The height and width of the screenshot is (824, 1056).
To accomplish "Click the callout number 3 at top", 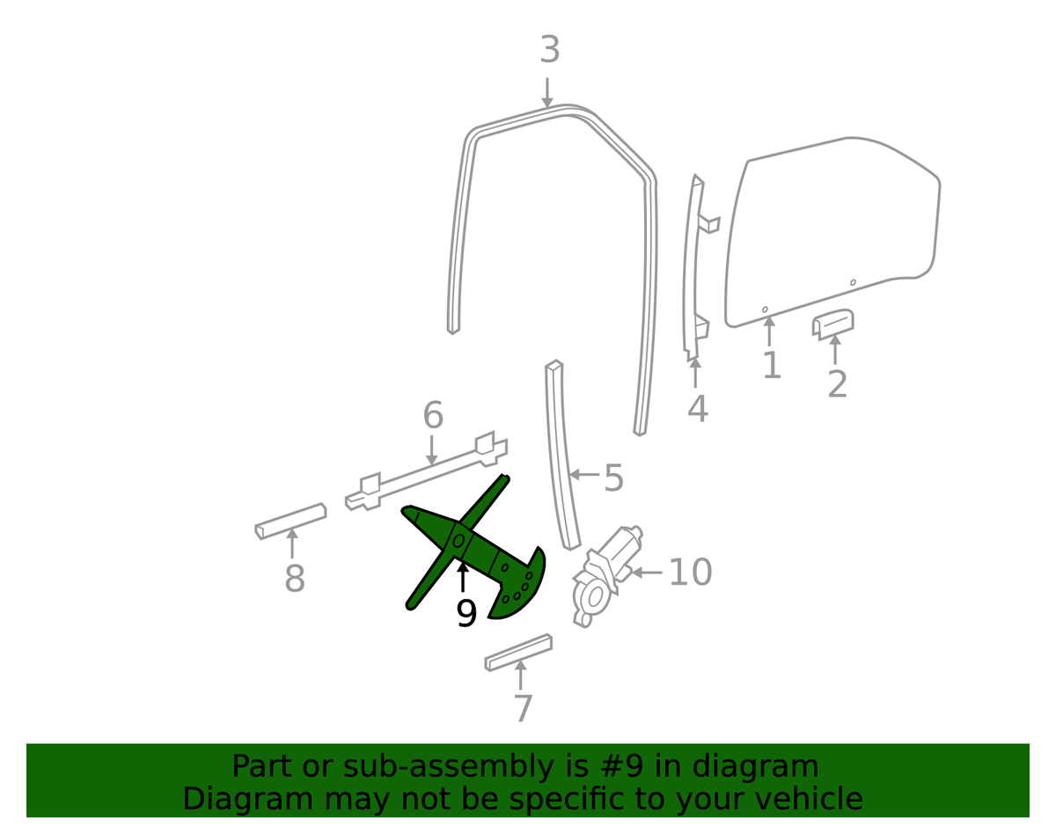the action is click(550, 49).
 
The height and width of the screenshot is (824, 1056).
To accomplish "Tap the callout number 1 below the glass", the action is click(772, 365).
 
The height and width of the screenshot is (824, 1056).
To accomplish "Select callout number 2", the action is click(837, 384).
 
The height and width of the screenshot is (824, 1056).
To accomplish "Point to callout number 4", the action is click(697, 408).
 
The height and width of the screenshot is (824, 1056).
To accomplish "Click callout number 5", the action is click(613, 478).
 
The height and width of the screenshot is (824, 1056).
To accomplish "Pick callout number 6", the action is click(433, 415).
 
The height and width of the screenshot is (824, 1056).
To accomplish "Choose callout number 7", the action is click(523, 709).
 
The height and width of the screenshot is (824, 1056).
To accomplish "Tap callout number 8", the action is click(295, 578).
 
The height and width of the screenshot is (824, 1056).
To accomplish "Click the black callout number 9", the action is click(466, 613).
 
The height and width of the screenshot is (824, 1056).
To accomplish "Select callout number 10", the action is click(691, 572).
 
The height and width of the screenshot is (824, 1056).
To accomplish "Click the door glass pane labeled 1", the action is click(832, 232).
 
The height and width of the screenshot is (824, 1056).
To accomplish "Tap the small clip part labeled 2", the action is click(833, 324).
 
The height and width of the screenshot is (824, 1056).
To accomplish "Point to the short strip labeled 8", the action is click(290, 521).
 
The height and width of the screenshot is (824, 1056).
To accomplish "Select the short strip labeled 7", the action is click(518, 653).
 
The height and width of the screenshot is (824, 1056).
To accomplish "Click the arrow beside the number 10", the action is click(647, 572).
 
